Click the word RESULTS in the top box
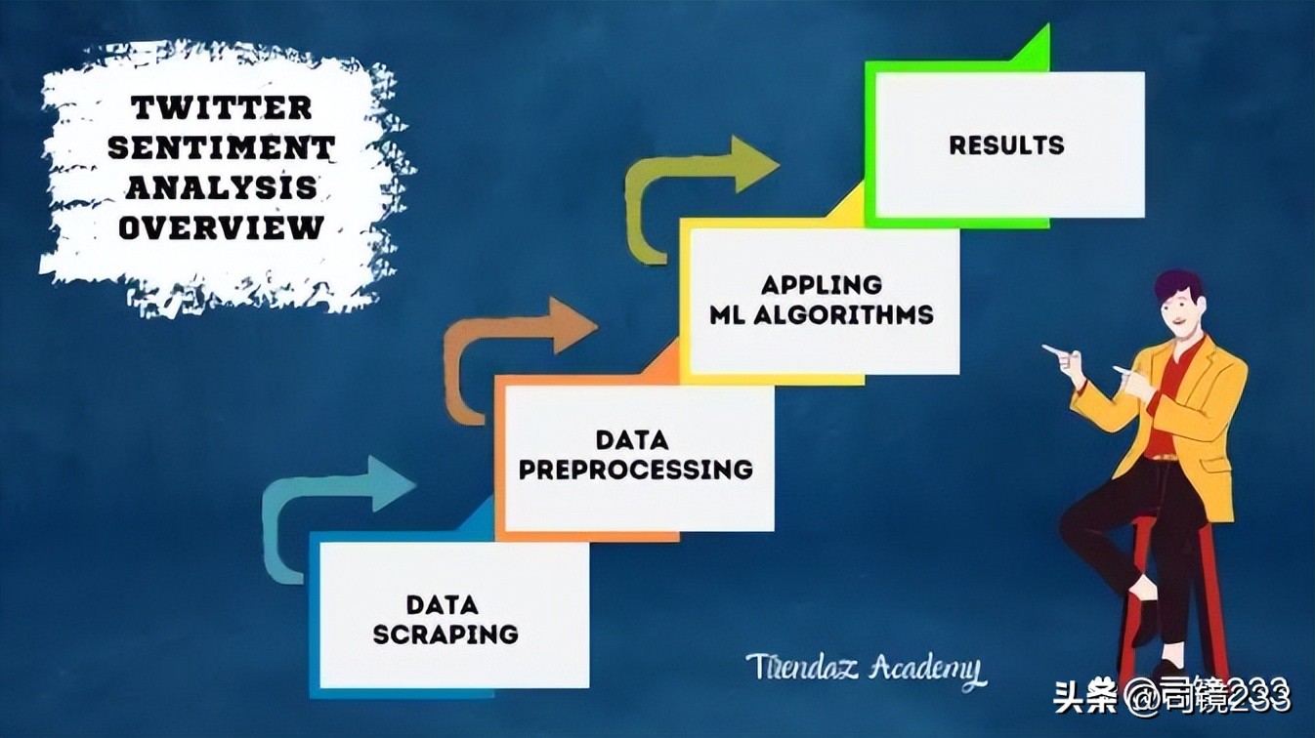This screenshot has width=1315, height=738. click(1006, 145)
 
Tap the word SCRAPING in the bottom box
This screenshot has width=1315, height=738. click(445, 634)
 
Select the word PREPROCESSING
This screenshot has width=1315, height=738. click(635, 469)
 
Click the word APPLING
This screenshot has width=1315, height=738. click(822, 285)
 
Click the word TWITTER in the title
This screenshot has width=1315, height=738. click(222, 106)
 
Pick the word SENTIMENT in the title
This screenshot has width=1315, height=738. click(222, 147)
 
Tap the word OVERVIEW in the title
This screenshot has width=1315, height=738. click(222, 227)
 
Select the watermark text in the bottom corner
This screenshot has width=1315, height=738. click(1172, 697)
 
